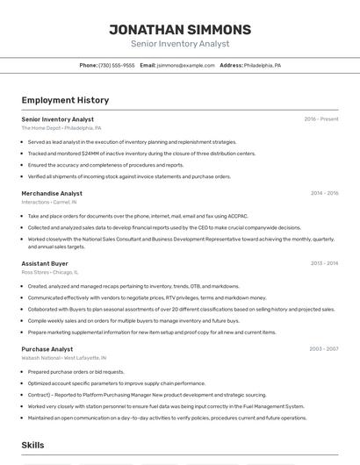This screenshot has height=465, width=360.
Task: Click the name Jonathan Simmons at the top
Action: (180, 30)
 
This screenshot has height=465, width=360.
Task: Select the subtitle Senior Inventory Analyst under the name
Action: (180, 44)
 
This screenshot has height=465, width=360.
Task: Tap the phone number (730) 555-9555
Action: (117, 66)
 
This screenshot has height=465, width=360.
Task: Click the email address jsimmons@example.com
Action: (185, 66)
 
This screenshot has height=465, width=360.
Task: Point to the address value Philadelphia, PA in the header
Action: (263, 66)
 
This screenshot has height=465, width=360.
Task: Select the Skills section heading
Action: (33, 446)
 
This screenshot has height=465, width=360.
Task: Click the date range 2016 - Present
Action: (321, 119)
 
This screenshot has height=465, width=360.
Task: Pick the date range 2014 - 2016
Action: (324, 193)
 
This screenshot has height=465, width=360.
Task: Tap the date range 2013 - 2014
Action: (324, 263)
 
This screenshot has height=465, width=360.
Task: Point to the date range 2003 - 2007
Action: (324, 349)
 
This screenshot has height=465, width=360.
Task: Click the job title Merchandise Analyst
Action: (52, 193)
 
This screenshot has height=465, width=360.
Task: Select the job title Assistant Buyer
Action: (45, 263)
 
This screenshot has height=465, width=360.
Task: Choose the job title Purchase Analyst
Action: (47, 349)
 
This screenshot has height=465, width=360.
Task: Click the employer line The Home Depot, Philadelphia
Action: (61, 128)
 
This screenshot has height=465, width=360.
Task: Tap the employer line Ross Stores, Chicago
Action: (50, 272)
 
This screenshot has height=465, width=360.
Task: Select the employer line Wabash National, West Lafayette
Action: (64, 358)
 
